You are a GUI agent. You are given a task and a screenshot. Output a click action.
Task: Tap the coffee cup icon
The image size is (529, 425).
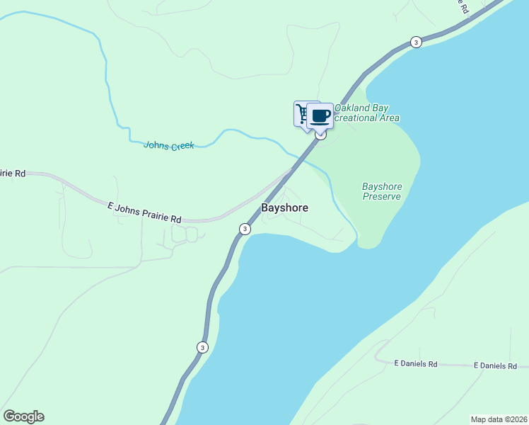click(x=320, y=115)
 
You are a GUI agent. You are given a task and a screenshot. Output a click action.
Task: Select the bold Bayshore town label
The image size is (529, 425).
click(x=285, y=209)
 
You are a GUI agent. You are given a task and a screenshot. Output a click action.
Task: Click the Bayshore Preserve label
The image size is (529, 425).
click(x=382, y=191)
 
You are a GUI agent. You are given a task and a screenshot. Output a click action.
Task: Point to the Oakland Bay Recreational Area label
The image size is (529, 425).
click(x=366, y=113)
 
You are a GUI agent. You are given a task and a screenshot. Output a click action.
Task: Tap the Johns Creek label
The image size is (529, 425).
click(x=168, y=145)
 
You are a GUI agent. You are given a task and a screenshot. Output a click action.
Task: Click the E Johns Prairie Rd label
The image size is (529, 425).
click(x=144, y=211)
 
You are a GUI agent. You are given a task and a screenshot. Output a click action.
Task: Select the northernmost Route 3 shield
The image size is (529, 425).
click(x=416, y=42)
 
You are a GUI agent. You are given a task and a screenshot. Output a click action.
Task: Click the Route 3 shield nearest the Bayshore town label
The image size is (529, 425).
click(x=245, y=229)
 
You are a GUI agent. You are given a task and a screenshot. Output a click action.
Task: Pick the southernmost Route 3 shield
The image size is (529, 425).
click(x=202, y=347)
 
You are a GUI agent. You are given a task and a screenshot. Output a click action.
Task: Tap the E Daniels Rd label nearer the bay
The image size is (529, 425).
click(x=416, y=364)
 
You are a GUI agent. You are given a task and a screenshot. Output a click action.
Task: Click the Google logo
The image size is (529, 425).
click(x=23, y=416)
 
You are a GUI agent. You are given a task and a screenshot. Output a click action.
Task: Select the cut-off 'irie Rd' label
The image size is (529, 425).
click(x=13, y=173)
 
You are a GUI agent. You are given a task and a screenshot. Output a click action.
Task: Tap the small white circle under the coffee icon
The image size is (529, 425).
click(x=320, y=135)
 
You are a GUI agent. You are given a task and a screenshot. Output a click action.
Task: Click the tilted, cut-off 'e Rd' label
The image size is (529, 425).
click(x=463, y=6)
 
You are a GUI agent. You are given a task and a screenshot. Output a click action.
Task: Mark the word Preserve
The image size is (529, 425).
click(x=382, y=196)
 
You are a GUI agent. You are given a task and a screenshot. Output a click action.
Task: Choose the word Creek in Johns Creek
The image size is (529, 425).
click(x=181, y=145)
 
